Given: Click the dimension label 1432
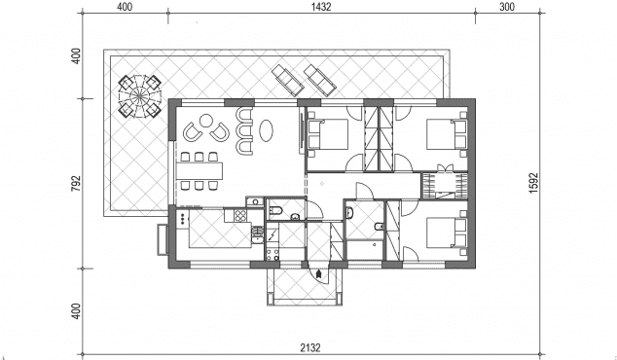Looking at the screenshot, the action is [321, 7].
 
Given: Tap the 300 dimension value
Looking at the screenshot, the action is [507, 7].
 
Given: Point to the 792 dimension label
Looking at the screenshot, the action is [76, 183].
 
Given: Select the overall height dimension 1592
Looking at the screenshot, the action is [533, 183].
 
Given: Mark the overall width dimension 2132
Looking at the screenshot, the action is [310, 347].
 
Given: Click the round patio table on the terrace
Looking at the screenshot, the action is [140, 95].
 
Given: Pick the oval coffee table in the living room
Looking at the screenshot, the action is [267, 130].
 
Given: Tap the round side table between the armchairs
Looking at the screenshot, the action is [205, 121].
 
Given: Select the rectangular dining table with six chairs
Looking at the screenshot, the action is [200, 170].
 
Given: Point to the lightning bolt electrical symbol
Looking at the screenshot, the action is [272, 235].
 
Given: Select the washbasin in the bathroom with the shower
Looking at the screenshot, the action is [349, 213].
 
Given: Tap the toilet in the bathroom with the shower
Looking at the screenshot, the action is [379, 227].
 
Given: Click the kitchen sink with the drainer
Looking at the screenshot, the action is [257, 234].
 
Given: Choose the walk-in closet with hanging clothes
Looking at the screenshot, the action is [445, 185].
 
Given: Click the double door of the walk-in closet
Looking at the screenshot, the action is [445, 168].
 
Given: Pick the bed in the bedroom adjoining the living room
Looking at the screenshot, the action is [327, 134].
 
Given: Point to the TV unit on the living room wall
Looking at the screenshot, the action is [302, 131].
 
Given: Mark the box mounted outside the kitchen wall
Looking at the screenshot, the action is [163, 239].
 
